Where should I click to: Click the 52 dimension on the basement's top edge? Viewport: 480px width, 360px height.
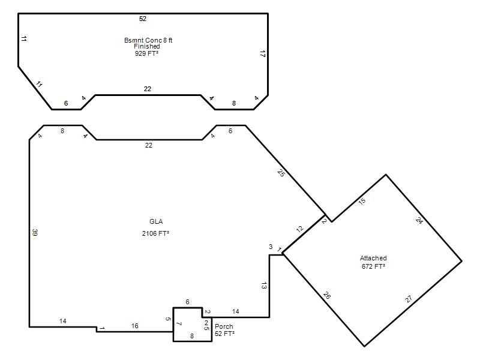pyautogui.click(x=143, y=19)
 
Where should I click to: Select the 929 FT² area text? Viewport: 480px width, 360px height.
pyautogui.click(x=146, y=53)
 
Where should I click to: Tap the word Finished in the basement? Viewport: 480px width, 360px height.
pyautogui.click(x=146, y=47)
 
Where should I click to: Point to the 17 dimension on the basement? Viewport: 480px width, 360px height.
pyautogui.click(x=262, y=54)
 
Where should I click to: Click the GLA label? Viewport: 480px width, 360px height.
pyautogui.click(x=156, y=221)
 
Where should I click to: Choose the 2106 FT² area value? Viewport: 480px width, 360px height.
pyautogui.click(x=155, y=233)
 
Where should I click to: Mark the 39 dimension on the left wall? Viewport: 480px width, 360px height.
pyautogui.click(x=35, y=232)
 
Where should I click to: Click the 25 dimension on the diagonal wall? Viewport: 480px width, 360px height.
pyautogui.click(x=281, y=173)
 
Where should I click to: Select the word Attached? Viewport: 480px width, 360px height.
pyautogui.click(x=373, y=258)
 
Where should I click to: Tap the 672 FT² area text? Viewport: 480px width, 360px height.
pyautogui.click(x=373, y=266)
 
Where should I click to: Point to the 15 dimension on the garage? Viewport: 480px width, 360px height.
pyautogui.click(x=362, y=201)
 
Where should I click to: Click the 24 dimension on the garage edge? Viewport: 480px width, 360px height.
pyautogui.click(x=419, y=220)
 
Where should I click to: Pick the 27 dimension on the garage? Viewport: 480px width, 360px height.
pyautogui.click(x=409, y=299)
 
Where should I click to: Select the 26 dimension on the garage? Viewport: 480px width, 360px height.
pyautogui.click(x=326, y=295)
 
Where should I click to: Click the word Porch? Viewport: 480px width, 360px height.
pyautogui.click(x=224, y=326)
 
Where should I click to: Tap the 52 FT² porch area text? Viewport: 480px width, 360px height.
pyautogui.click(x=224, y=334)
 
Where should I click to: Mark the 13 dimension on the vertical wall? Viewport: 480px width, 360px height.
pyautogui.click(x=264, y=286)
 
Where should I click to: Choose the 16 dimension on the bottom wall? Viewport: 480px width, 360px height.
pyautogui.click(x=135, y=326)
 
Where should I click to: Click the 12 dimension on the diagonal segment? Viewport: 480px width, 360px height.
pyautogui.click(x=299, y=229)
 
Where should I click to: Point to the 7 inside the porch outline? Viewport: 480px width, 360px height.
pyautogui.click(x=179, y=324)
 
